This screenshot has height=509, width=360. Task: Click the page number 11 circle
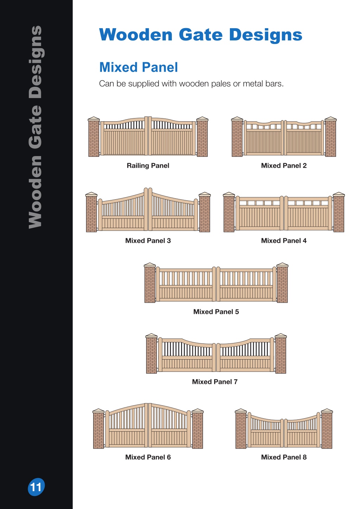(36, 487)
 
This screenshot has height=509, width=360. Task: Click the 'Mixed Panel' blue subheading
(139, 67)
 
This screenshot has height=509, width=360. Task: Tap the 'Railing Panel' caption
(148, 166)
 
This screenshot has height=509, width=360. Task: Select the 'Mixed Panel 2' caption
(284, 166)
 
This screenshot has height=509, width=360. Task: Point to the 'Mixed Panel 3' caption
(148, 241)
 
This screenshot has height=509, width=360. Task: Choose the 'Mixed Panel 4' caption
(284, 241)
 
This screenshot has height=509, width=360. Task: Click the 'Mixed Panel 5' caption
(216, 312)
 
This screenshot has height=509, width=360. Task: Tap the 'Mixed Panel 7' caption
(215, 382)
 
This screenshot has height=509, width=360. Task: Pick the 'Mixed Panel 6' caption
(148, 457)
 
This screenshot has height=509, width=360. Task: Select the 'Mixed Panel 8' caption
(284, 457)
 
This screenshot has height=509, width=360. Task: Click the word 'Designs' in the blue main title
(266, 35)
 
